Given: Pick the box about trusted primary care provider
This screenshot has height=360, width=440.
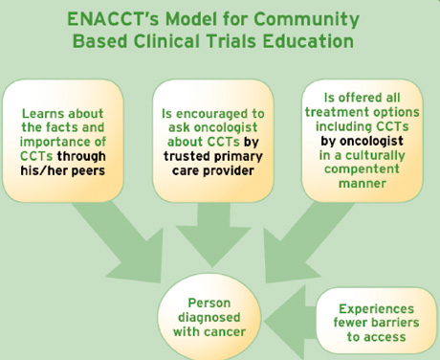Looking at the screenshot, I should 219,140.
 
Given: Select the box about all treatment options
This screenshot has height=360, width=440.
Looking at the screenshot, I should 363,140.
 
